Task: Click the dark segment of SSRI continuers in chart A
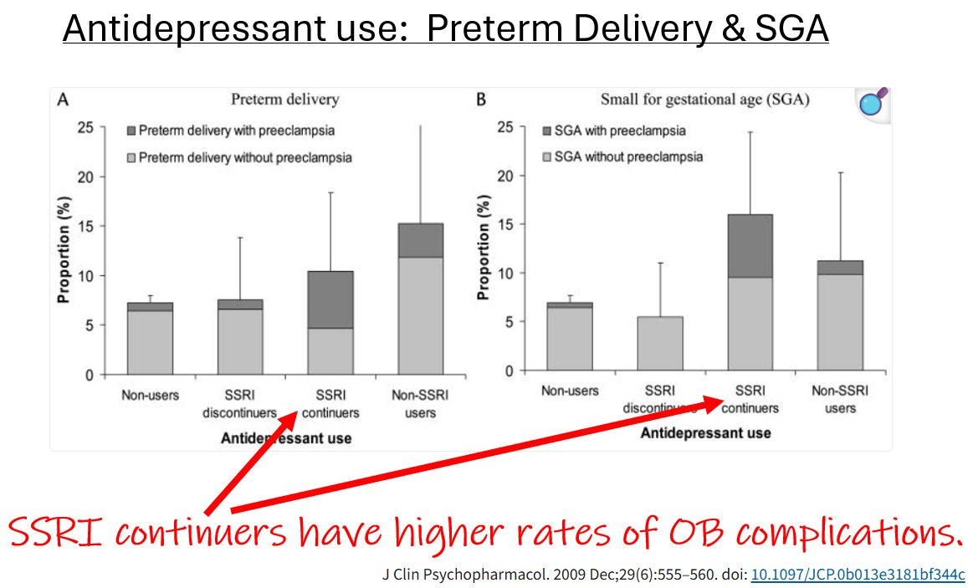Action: tap(330, 299)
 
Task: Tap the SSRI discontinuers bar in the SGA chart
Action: tap(660, 343)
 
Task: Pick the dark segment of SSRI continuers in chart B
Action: tap(750, 246)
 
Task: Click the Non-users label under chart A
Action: tap(150, 395)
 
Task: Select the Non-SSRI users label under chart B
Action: tap(840, 399)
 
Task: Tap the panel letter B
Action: tap(481, 100)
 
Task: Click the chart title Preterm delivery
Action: tap(284, 100)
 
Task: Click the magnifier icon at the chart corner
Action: tap(873, 105)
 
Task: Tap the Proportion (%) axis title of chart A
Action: tap(64, 250)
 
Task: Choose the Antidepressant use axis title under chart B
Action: tap(705, 434)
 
